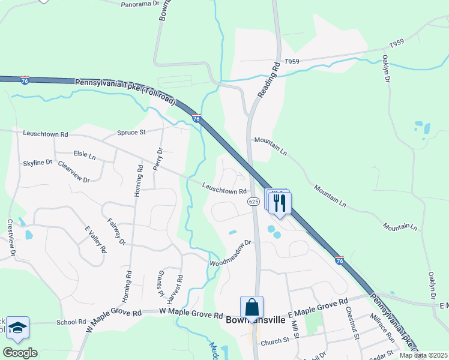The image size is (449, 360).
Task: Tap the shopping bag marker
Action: click(252, 307)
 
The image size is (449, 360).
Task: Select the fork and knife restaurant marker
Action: click(280, 203)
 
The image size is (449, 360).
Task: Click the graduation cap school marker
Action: click(18, 327)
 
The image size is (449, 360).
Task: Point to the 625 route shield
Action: click(253, 202)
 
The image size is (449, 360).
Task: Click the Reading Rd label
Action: click(269, 80)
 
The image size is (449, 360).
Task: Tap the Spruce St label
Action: click(131, 132)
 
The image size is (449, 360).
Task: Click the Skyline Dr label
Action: click(38, 163)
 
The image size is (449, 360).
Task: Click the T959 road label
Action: click(292, 61)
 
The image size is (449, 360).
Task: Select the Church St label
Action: click(275, 342)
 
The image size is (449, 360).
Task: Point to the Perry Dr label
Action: click(158, 159)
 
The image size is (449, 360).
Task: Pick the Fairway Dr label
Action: click(116, 232)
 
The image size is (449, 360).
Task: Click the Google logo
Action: click(20, 353)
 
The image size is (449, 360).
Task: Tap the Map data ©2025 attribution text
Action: click(423, 355)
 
